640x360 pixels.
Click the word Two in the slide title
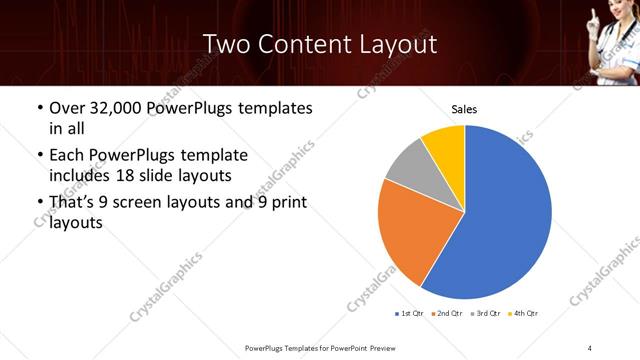point(224,44)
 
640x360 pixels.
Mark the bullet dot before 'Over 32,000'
point(39,108)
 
